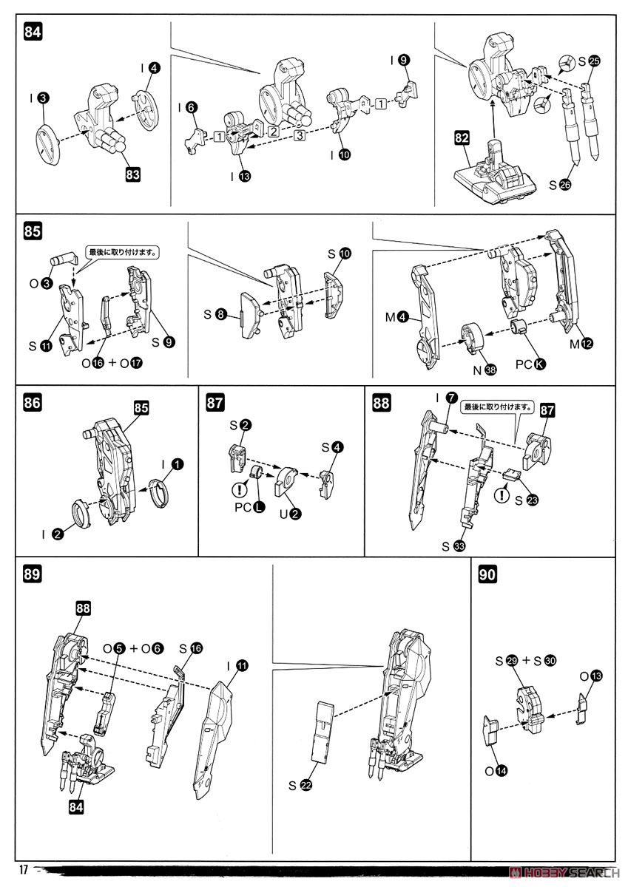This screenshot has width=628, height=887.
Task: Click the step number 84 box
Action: [x=33, y=32]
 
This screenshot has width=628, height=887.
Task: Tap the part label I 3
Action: [x=39, y=98]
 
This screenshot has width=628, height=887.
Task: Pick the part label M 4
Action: [x=398, y=319]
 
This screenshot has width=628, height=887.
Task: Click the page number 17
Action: [x=24, y=869]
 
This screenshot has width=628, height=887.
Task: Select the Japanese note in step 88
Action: [x=487, y=407]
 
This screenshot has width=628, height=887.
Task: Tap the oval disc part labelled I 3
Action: [x=50, y=140]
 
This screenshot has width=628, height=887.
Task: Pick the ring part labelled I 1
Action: [x=158, y=494]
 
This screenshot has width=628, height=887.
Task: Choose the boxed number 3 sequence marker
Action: [x=299, y=136]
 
